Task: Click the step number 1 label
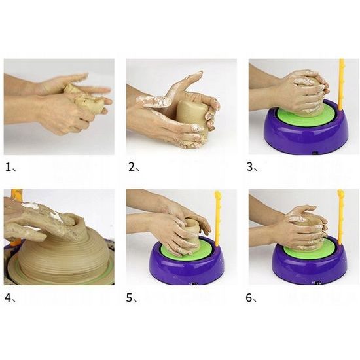pyautogui.click(x=9, y=168)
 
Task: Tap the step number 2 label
pyautogui.click(x=131, y=168)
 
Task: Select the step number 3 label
pyautogui.click(x=252, y=168)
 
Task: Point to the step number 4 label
pyautogui.click(x=9, y=298)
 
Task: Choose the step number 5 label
pyautogui.click(x=131, y=298)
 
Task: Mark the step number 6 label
pyautogui.click(x=252, y=298)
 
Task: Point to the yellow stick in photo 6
pyautogui.click(x=340, y=213)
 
